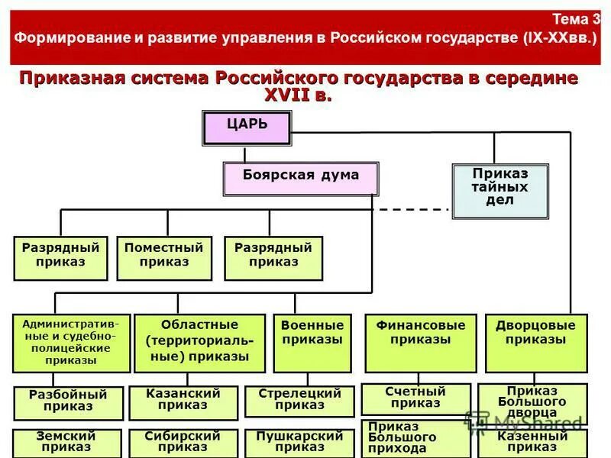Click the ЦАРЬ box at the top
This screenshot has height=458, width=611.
tap(247, 127)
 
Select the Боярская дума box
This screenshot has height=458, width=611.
tap(301, 179)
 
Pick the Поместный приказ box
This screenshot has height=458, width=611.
tap(164, 258)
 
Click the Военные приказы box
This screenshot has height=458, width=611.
tap(312, 343)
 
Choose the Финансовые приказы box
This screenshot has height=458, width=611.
tap(420, 343)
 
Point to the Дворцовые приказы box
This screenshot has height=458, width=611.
tap(536, 343)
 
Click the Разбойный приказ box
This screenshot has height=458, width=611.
tap(68, 403)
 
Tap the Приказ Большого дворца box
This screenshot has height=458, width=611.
tap(532, 401)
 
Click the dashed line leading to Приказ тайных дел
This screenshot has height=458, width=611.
tap(412, 209)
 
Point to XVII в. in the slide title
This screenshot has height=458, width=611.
tap(298, 95)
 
